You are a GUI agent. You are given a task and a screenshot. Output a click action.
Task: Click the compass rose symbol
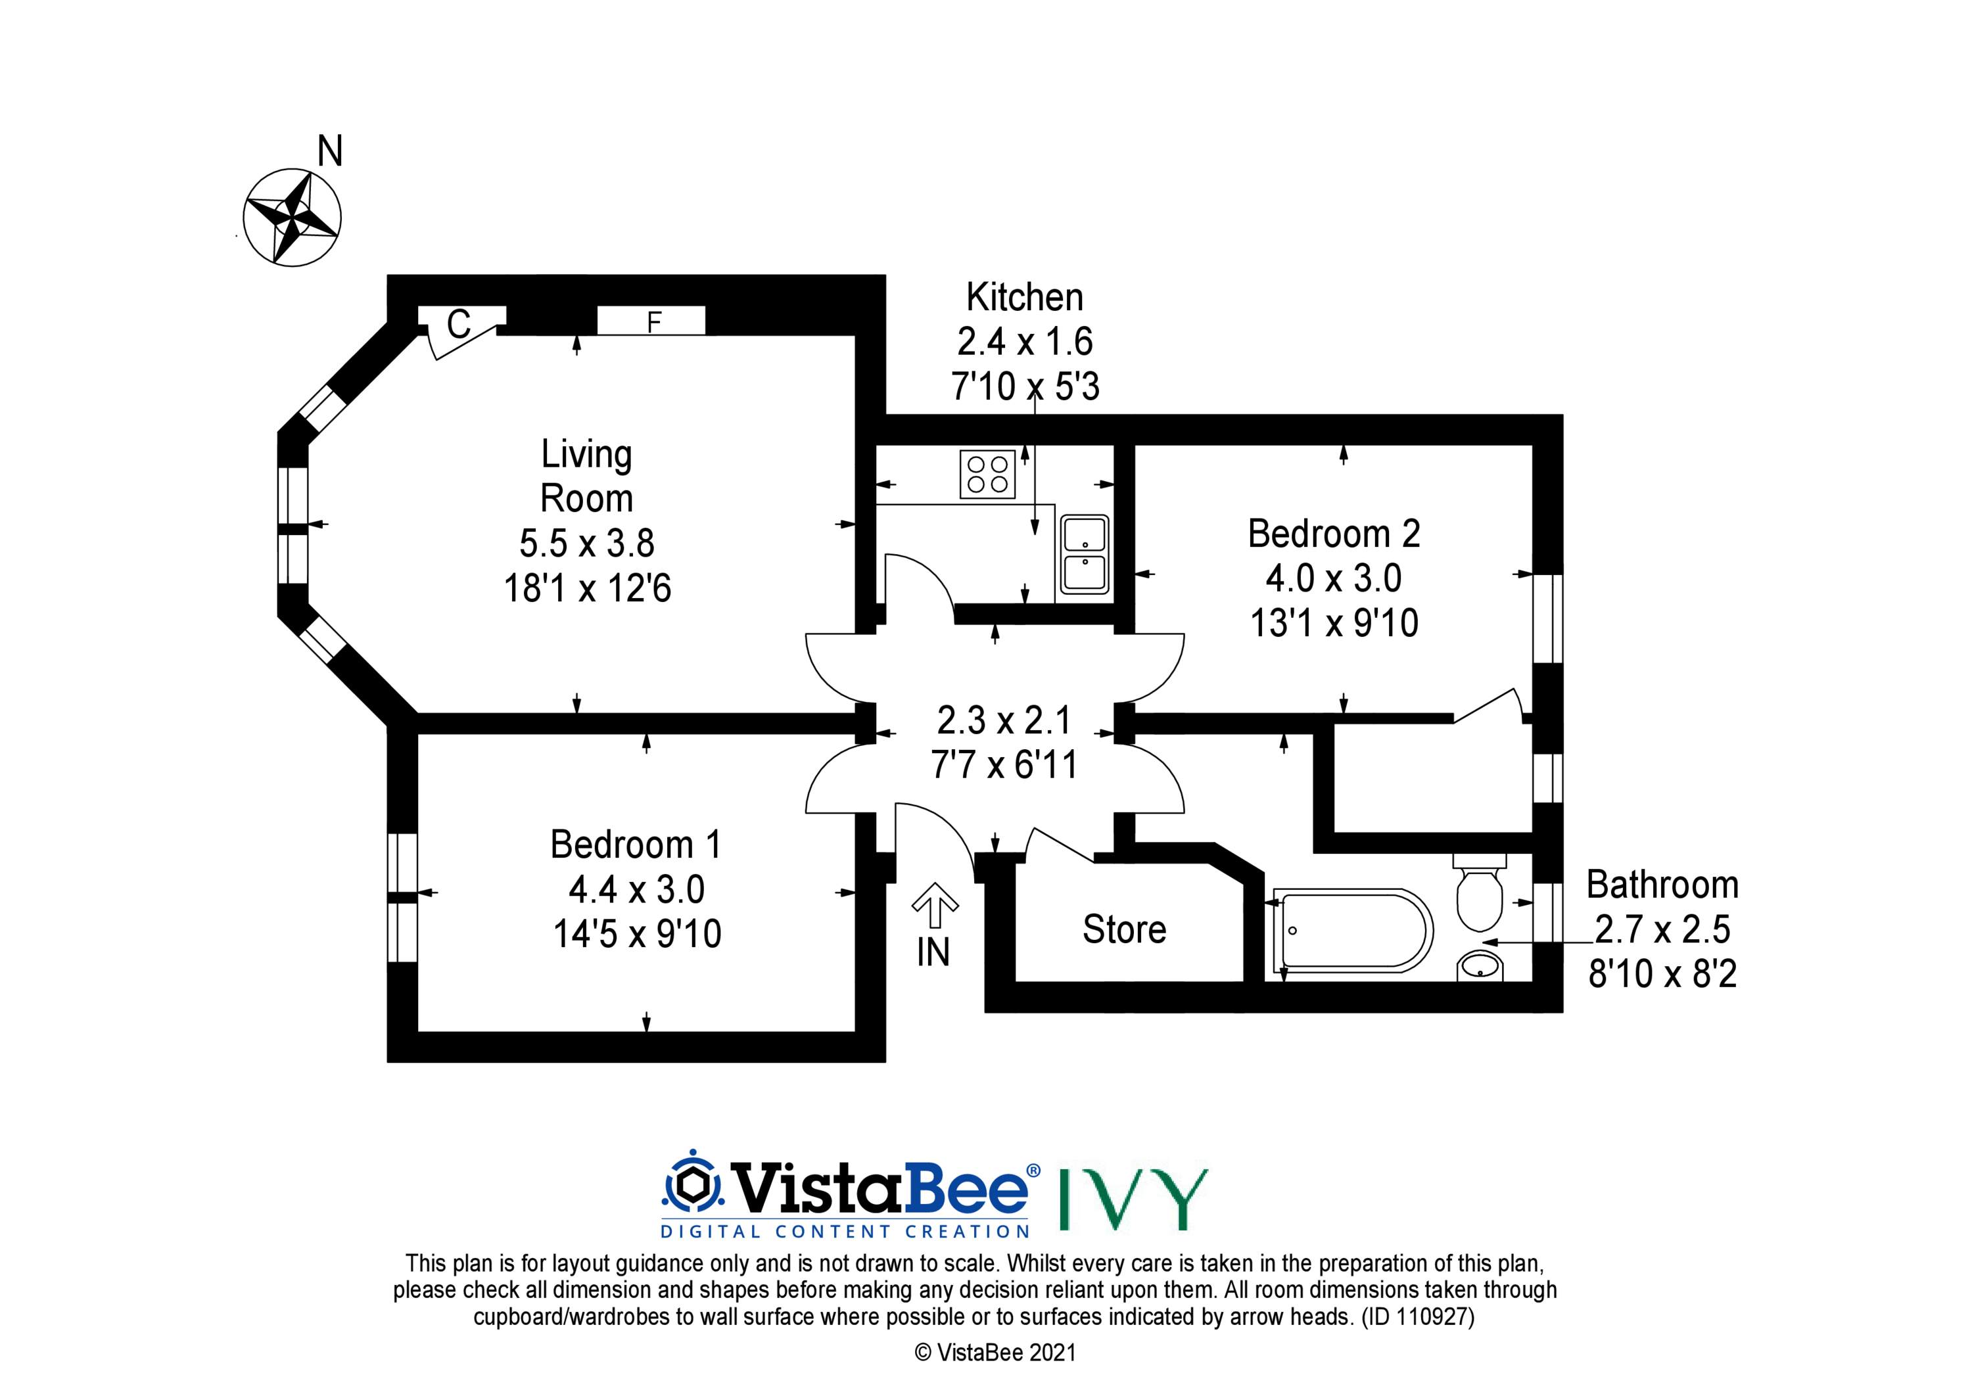pyautogui.click(x=292, y=218)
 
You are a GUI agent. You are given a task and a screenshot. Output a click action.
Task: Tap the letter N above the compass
pyautogui.click(x=330, y=152)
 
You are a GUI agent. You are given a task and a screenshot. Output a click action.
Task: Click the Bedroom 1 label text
pyautogui.click(x=636, y=845)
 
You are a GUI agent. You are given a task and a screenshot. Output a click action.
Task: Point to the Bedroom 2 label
pyautogui.click(x=1334, y=534)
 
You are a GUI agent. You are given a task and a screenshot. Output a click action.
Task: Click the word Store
pyautogui.click(x=1124, y=929)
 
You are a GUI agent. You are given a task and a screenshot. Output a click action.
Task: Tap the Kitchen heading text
pyautogui.click(x=1025, y=297)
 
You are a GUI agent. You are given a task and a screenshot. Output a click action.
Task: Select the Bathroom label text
pyautogui.click(x=1662, y=885)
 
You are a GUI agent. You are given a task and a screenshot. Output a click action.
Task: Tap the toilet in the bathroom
pyautogui.click(x=1479, y=893)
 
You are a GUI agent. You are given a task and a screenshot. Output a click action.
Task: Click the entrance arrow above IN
pyautogui.click(x=935, y=906)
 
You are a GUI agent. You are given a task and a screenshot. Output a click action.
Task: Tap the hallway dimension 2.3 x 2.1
pyautogui.click(x=1003, y=720)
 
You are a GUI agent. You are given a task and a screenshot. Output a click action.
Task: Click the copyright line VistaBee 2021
pyautogui.click(x=995, y=1352)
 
